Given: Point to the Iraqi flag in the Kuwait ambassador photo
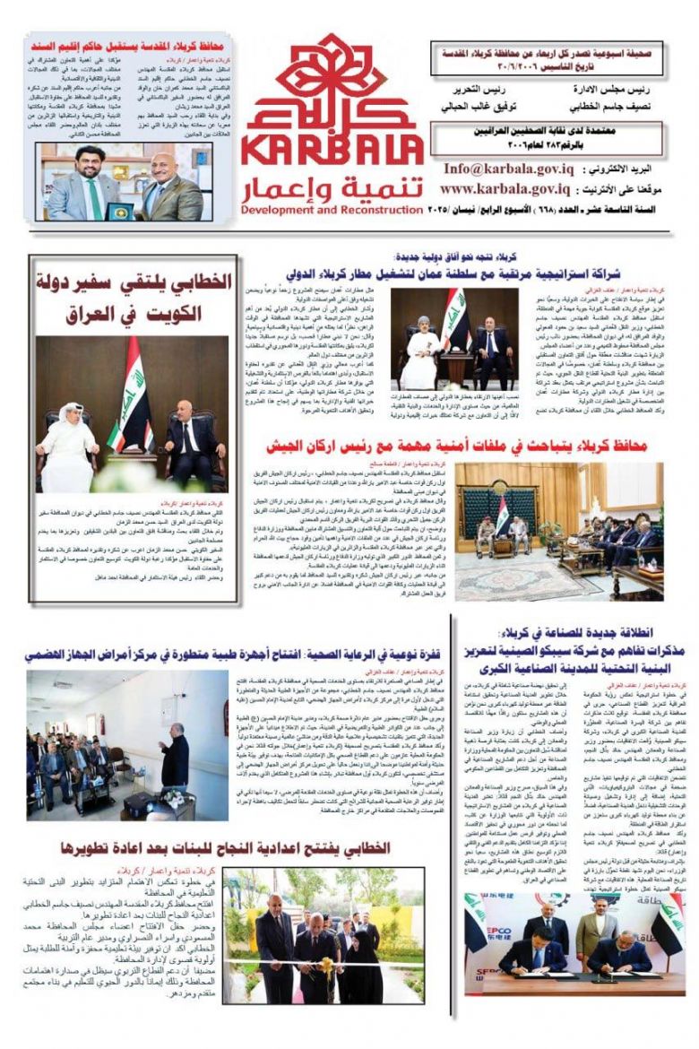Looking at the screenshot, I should [x=133, y=397].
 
